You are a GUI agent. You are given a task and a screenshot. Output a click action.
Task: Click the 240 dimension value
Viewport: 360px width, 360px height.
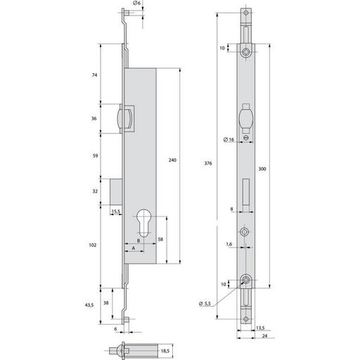tap(172, 160)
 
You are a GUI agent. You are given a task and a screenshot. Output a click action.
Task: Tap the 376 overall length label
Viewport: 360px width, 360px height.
tap(208, 163)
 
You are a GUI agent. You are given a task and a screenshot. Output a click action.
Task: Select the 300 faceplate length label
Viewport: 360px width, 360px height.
tap(262, 169)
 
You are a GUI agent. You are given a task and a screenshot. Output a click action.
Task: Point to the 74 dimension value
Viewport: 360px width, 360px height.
tap(94, 75)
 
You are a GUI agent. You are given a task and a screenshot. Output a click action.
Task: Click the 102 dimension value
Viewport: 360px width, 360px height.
tap(93, 245)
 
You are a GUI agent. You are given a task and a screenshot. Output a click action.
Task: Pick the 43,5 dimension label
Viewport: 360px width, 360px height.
tap(89, 305)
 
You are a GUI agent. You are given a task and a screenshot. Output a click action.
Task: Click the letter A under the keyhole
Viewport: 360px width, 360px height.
tap(134, 248)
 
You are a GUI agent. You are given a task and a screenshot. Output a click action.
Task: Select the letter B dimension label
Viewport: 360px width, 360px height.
tap(139, 240)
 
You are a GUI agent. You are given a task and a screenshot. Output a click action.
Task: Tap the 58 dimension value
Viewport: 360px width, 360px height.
tap(160, 239)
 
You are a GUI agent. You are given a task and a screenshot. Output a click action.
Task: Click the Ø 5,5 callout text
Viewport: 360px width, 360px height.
tap(205, 304)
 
